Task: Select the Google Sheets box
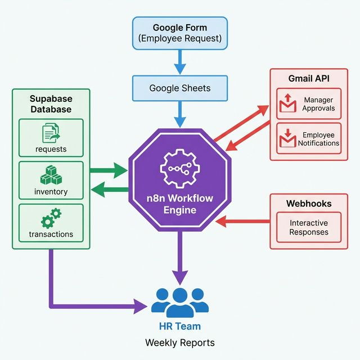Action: (180, 88)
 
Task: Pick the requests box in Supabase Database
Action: (51, 138)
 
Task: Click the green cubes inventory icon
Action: (51, 175)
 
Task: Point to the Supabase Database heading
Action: (51, 103)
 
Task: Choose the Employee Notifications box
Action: (309, 139)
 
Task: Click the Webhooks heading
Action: (308, 202)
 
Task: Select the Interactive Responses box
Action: (308, 227)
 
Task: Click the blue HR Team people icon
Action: (180, 302)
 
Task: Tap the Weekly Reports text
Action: (180, 342)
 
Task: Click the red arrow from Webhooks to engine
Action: (243, 222)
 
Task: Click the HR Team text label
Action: (180, 326)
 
